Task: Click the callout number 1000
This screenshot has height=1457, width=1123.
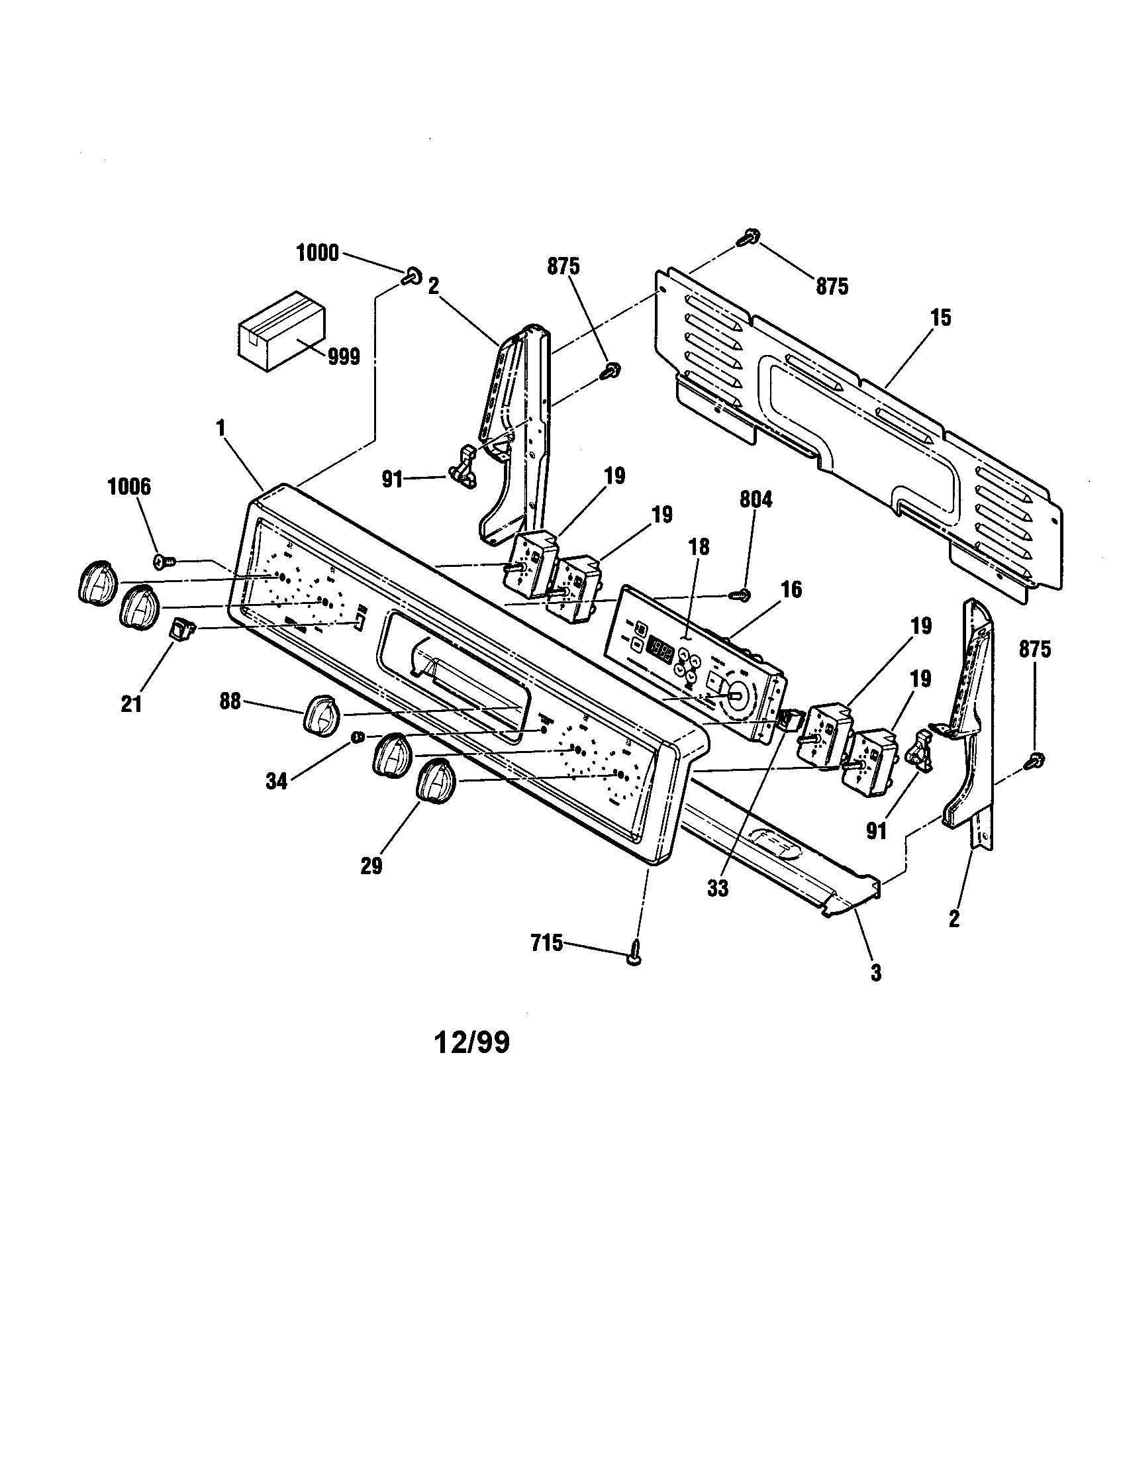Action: pyautogui.click(x=317, y=254)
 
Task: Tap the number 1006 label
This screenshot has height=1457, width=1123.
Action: pyautogui.click(x=129, y=487)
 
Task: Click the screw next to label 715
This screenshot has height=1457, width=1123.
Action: pyautogui.click(x=634, y=958)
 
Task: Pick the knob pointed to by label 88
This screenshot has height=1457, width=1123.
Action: pyautogui.click(x=322, y=717)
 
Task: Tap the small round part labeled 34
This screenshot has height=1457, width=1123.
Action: pyautogui.click(x=358, y=736)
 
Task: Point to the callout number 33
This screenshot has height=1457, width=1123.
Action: pyautogui.click(x=718, y=889)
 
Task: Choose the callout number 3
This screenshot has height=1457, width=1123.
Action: pyautogui.click(x=875, y=974)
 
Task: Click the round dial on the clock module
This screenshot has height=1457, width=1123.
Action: pyautogui.click(x=733, y=695)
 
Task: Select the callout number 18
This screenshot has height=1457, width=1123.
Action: pyautogui.click(x=698, y=547)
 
